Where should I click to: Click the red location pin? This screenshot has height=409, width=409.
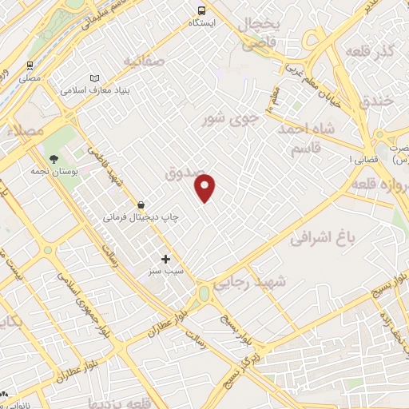[x=205, y=189]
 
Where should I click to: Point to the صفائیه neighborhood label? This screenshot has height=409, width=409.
[x=144, y=60]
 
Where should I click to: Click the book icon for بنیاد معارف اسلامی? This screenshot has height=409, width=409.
[x=95, y=77]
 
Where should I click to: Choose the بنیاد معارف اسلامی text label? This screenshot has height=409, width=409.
[x=93, y=90]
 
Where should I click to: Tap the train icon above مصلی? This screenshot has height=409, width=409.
[x=30, y=66]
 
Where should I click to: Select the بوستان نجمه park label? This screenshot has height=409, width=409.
[x=49, y=171]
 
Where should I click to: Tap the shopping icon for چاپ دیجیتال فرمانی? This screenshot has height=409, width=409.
[x=141, y=204]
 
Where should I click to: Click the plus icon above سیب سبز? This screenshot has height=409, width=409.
[x=166, y=259]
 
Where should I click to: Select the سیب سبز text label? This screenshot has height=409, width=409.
[x=165, y=272]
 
